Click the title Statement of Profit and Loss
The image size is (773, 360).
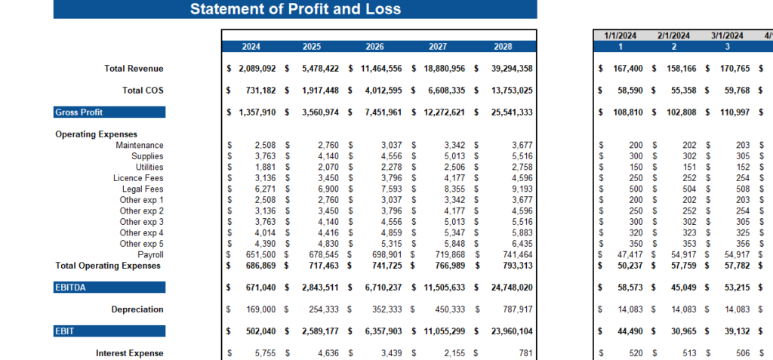pyautogui.click(x=295, y=9)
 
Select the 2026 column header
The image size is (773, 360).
pyautogui.click(x=374, y=47)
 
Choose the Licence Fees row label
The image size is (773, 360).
pyautogui.click(x=138, y=178)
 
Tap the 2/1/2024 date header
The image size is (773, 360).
pyautogui.click(x=673, y=35)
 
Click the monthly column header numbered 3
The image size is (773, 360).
pyautogui.click(x=727, y=47)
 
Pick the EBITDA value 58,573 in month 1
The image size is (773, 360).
pyautogui.click(x=628, y=288)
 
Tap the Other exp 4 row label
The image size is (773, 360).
pyautogui.click(x=141, y=232)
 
